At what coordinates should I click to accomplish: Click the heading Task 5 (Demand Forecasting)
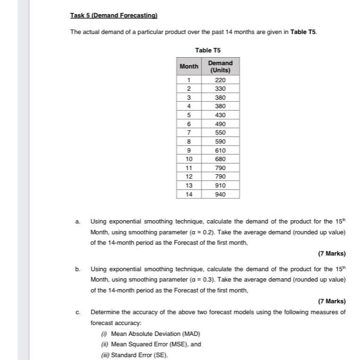click(x=113, y=16)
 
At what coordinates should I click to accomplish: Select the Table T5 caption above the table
click(x=208, y=50)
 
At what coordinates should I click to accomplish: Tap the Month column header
click(x=189, y=67)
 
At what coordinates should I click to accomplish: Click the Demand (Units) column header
click(x=220, y=67)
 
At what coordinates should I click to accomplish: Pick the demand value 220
click(x=220, y=80)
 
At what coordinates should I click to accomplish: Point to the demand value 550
click(x=220, y=133)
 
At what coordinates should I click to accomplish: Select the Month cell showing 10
click(x=189, y=159)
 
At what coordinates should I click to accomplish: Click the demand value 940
click(x=220, y=194)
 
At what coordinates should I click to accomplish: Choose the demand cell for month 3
click(x=220, y=97)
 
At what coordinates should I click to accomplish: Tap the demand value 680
click(x=220, y=159)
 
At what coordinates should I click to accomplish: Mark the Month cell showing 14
click(x=189, y=194)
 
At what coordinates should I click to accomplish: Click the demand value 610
click(x=220, y=150)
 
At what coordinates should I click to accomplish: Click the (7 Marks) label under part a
click(x=332, y=254)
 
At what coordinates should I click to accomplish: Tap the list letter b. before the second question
click(x=77, y=269)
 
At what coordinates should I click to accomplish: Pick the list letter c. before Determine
click(x=77, y=312)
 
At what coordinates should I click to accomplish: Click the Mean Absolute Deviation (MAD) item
click(x=152, y=334)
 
